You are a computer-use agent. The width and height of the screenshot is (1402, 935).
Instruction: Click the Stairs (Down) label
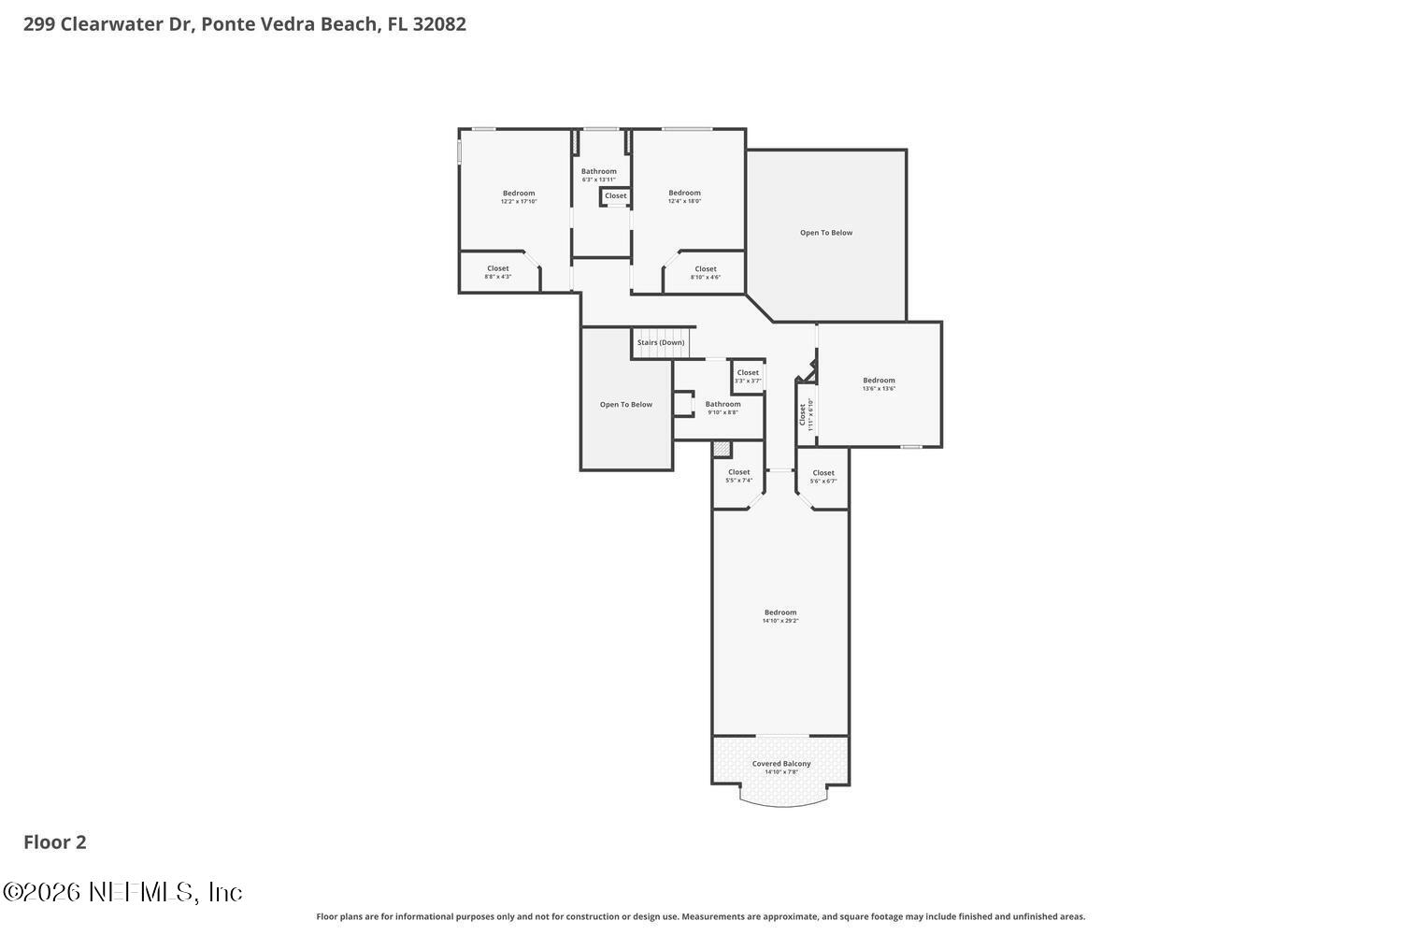[661, 342]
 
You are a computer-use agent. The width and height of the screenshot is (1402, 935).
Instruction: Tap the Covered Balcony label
[781, 764]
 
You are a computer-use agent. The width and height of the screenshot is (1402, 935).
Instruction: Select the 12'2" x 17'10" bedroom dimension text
[519, 201]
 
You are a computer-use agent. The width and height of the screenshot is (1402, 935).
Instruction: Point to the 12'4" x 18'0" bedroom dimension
[684, 201]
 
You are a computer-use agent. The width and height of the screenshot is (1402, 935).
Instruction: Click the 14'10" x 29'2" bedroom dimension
[780, 621]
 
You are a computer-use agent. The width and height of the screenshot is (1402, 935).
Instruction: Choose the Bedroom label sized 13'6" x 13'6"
[879, 380]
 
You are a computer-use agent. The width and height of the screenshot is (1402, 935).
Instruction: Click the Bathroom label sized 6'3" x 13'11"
[599, 171]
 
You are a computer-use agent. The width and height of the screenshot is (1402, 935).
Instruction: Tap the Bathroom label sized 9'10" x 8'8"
[722, 404]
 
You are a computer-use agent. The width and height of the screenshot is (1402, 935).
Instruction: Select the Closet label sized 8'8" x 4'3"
[498, 268]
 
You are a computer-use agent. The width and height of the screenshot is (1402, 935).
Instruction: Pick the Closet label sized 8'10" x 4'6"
[706, 269]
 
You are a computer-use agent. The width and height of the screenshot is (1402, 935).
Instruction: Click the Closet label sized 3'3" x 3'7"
[748, 372]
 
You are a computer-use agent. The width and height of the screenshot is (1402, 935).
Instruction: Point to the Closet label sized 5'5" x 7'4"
[738, 472]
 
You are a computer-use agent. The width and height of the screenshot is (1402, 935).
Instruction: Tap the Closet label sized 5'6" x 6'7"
[823, 473]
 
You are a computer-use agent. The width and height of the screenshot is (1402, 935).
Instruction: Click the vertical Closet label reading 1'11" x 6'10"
[802, 413]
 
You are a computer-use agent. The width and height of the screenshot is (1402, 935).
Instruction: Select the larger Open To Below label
[826, 233]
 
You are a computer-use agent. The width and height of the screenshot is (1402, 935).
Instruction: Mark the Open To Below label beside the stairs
[626, 405]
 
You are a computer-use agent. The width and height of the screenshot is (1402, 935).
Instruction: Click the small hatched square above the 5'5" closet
[722, 449]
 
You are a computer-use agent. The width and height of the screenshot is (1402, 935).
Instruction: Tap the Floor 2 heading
[55, 842]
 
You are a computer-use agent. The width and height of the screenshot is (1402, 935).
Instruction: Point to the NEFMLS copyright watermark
[122, 892]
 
